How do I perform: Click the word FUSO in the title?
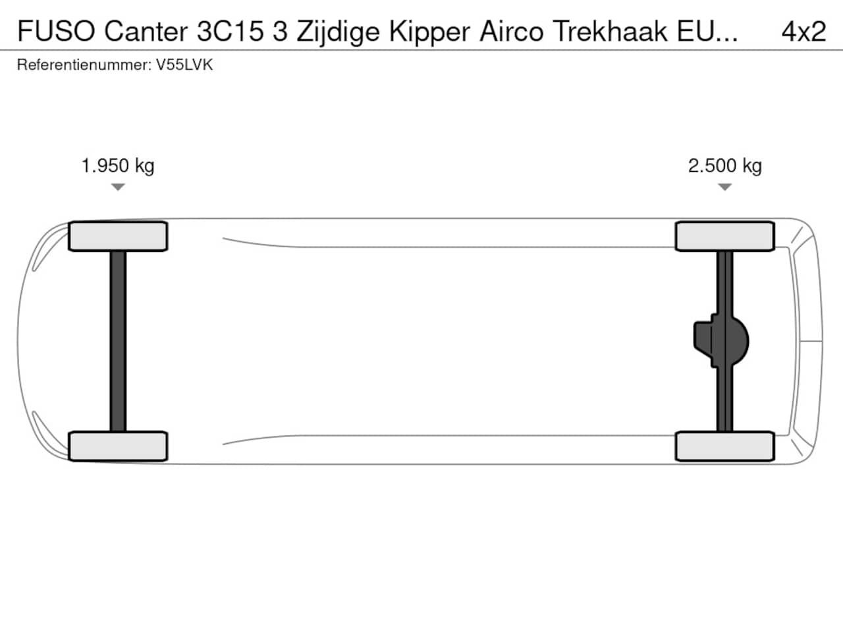[56, 31]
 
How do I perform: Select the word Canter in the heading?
[146, 31]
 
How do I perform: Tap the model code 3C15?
[231, 31]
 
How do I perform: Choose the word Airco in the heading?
[511, 31]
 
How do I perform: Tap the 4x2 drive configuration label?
[803, 32]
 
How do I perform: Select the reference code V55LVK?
[184, 65]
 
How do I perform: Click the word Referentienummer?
[84, 65]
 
